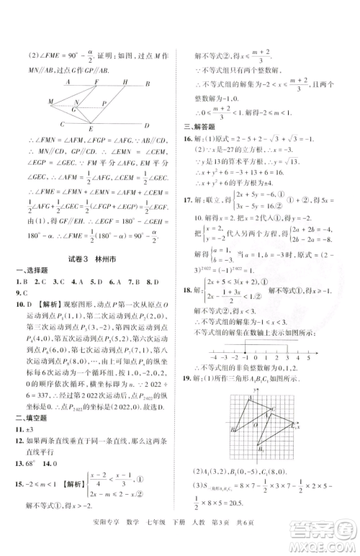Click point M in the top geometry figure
coord(50,102)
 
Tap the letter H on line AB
coord(125,82)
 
